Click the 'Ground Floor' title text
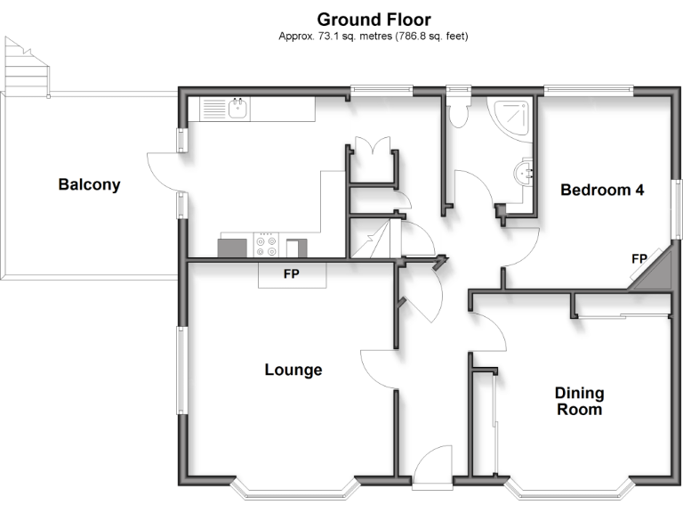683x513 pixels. (374, 20)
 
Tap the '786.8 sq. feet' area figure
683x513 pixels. (425, 37)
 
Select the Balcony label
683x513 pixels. (89, 185)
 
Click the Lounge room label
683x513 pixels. (293, 370)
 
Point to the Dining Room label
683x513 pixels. (579, 401)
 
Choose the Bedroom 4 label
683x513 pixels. (601, 190)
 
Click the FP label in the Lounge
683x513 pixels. (291, 274)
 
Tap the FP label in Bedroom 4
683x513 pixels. (639, 258)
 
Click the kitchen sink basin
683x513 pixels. (238, 109)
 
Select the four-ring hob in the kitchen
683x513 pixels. (266, 246)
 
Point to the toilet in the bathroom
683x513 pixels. (459, 112)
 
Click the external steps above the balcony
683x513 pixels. (25, 68)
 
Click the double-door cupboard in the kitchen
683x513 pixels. (371, 153)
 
